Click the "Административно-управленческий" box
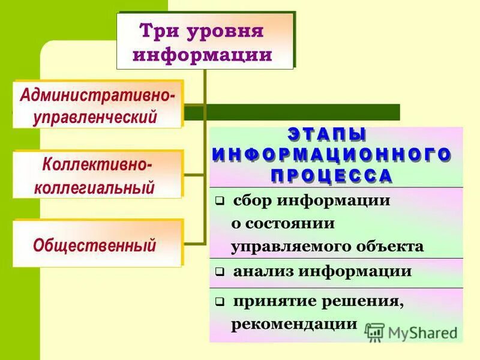coord(98,104)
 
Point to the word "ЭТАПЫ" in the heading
coord(327,134)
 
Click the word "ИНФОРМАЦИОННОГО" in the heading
coord(331,154)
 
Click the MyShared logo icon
coord(374,332)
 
